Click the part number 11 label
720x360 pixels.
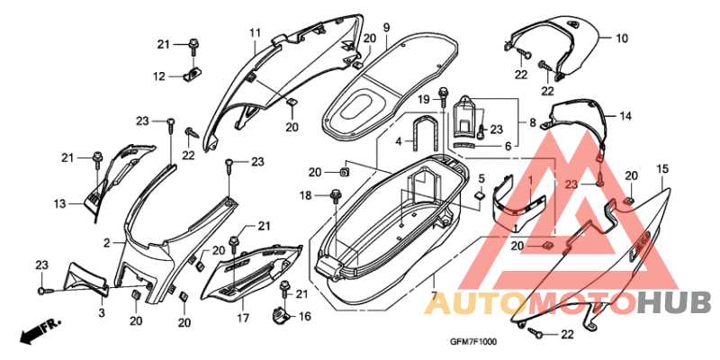point(256,32)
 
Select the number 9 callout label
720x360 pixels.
point(386,27)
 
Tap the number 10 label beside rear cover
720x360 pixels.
point(621,39)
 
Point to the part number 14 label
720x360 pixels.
point(625,116)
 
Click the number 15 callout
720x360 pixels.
point(661,169)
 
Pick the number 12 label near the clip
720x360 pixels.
point(159,76)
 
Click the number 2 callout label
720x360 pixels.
point(106,243)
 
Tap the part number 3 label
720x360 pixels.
point(102,313)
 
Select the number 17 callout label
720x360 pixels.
point(243,318)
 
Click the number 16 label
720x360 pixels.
point(305,317)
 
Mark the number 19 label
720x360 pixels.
point(423,99)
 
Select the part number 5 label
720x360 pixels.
point(481,177)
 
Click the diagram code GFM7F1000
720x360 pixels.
point(472,342)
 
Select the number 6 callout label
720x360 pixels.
point(508,146)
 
